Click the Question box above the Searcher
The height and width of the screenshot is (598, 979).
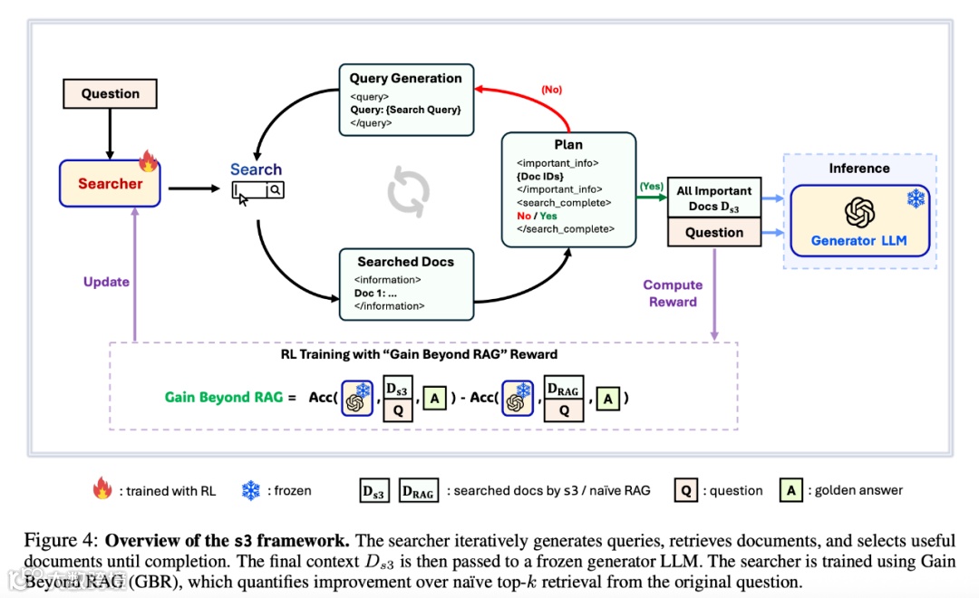(x=111, y=93)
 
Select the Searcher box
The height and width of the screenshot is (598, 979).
(x=110, y=184)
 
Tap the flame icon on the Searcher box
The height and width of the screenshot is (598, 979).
(x=148, y=162)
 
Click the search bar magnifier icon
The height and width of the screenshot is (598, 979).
(x=275, y=190)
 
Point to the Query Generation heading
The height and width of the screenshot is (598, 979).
(x=405, y=78)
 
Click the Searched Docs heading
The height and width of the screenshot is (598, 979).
(x=405, y=262)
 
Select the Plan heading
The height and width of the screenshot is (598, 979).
(x=568, y=145)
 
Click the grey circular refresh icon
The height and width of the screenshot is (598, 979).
(x=408, y=191)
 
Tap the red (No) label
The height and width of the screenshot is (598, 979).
(x=551, y=90)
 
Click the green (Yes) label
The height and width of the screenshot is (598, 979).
(x=651, y=186)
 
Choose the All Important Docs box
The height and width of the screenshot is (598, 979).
(x=714, y=198)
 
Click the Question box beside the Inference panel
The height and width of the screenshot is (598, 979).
(x=714, y=233)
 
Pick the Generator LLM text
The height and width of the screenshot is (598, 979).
(x=858, y=241)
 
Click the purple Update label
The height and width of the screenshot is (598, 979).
(x=106, y=282)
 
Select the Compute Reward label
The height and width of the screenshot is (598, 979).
(x=673, y=294)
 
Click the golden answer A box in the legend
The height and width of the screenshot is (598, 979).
(x=791, y=490)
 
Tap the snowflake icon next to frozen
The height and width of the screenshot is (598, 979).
(x=250, y=491)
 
